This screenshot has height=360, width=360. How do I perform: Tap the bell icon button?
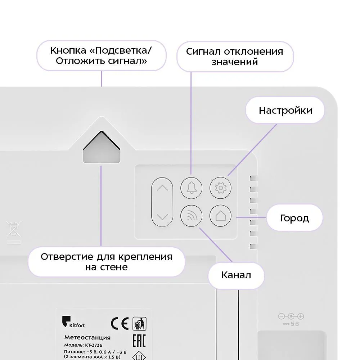pyautogui.click(x=192, y=188)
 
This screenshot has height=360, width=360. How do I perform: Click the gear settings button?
pyautogui.click(x=220, y=188)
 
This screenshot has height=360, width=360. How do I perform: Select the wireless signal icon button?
pyautogui.click(x=192, y=216)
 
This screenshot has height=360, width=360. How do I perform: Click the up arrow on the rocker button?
pyautogui.click(x=163, y=188)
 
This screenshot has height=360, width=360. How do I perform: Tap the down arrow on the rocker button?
pyautogui.click(x=163, y=217)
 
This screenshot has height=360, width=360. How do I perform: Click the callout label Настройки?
pyautogui.click(x=285, y=110)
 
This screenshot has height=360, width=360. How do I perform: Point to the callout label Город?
pyautogui.click(x=294, y=218)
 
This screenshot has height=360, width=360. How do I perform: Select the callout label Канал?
pyautogui.click(x=236, y=275)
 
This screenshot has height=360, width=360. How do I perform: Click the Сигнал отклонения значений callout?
pyautogui.click(x=235, y=56)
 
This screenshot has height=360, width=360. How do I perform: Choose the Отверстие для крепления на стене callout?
pyautogui.click(x=107, y=262)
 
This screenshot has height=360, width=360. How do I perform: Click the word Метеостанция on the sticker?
pyautogui.click(x=87, y=338)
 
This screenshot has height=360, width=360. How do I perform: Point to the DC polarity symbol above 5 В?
pyautogui.click(x=291, y=316)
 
